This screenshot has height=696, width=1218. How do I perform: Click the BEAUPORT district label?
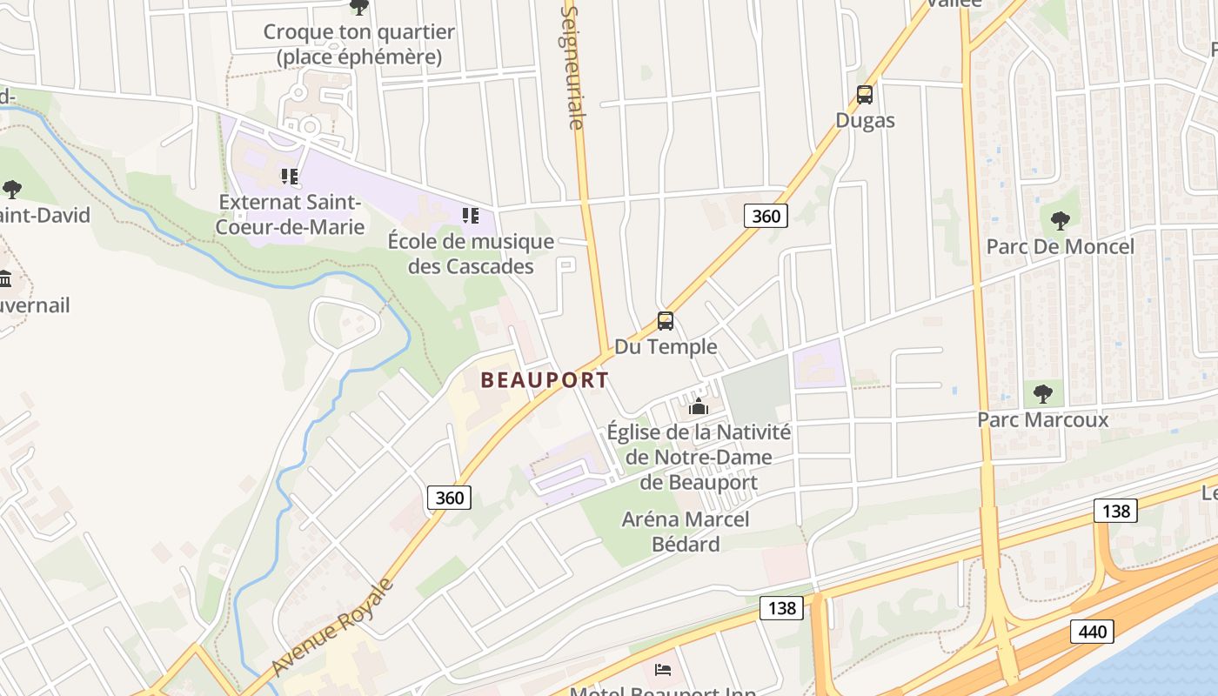click(x=545, y=380)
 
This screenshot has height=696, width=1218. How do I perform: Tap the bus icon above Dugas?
click(x=865, y=95)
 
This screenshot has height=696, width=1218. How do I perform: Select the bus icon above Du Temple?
click(x=666, y=321)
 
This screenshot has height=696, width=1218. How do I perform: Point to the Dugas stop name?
click(x=865, y=120)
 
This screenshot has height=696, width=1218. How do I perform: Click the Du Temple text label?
click(x=666, y=347)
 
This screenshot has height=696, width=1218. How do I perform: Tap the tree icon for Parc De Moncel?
click(x=1060, y=220)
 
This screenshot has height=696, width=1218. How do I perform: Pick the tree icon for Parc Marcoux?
click(x=1042, y=394)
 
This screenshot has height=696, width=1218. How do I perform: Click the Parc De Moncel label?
click(x=1060, y=247)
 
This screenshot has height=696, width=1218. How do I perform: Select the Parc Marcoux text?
click(x=1042, y=420)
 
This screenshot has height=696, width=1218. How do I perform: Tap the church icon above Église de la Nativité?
click(x=698, y=406)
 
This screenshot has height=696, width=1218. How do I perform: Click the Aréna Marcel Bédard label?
click(x=686, y=532)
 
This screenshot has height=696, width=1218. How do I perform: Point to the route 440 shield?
click(x=1091, y=631)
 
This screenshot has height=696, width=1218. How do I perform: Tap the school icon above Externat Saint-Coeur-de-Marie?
click(x=290, y=177)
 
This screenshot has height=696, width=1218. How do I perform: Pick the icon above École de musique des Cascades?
click(x=471, y=215)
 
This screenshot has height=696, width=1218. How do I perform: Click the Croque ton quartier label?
click(x=359, y=44)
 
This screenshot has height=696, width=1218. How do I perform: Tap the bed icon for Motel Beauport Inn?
click(x=663, y=670)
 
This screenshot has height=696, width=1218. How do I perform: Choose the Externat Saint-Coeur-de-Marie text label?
click(x=291, y=215)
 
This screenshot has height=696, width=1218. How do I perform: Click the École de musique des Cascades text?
click(x=471, y=254)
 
